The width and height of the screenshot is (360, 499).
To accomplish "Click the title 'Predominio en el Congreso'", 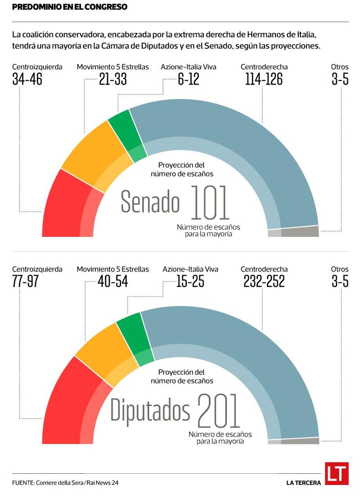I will [69, 7].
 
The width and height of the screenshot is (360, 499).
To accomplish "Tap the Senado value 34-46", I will [27, 79].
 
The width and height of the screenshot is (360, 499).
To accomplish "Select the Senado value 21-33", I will [113, 79].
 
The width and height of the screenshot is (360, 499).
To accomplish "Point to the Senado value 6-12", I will [189, 79].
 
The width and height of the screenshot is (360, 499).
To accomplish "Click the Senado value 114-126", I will [264, 79].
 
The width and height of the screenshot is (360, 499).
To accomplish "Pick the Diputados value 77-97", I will [26, 281].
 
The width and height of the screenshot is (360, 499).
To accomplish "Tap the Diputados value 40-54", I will [113, 281].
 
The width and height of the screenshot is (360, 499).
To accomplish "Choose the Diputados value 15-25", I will [190, 281].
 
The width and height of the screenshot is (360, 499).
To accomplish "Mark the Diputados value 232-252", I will [264, 281].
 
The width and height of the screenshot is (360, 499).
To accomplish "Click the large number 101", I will [210, 202].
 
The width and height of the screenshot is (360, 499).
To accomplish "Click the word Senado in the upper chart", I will [150, 202].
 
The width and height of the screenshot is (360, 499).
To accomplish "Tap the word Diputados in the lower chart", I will [150, 411].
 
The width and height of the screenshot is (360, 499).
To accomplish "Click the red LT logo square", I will [337, 474].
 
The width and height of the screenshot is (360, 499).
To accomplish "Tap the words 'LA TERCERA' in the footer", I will [304, 483].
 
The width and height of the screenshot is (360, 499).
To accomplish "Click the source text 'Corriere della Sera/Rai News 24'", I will [76, 483].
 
